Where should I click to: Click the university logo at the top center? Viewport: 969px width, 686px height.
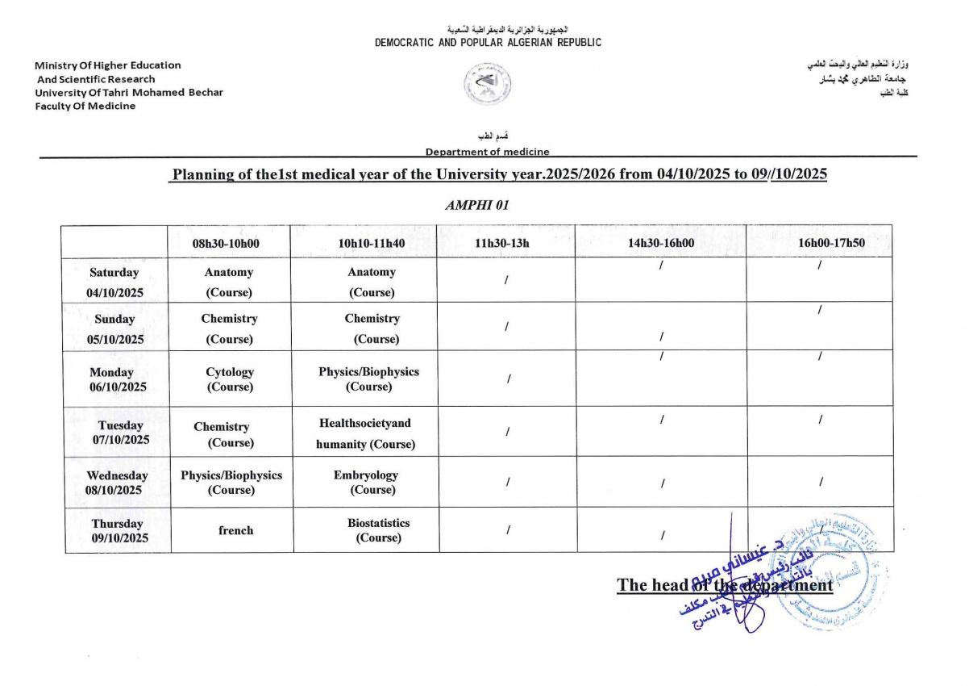point(488,84)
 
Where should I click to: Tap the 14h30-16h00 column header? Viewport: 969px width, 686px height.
point(661,242)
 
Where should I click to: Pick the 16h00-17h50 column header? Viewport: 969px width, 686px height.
point(820,242)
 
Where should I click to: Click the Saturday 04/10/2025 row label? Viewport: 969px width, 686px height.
point(114,282)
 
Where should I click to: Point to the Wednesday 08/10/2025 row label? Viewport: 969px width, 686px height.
point(117,483)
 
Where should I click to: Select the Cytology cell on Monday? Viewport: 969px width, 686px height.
point(230,379)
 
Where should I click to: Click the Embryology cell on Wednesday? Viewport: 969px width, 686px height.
point(366,483)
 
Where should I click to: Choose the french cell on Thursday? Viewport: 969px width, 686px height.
point(235,530)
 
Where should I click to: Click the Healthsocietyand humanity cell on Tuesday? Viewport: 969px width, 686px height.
point(365,433)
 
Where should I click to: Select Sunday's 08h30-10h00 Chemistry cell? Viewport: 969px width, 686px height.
point(230,328)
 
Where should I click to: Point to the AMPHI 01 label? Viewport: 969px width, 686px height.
point(477,205)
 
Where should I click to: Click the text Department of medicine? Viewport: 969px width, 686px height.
point(487,151)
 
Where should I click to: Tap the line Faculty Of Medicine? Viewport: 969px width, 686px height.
point(85,106)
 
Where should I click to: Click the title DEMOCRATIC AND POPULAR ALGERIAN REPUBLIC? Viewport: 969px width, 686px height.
point(488,43)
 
